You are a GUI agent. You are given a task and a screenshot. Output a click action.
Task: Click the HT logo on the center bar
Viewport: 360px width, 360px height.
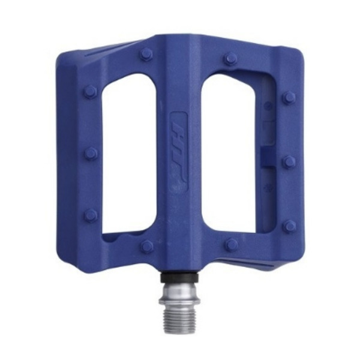[179, 152]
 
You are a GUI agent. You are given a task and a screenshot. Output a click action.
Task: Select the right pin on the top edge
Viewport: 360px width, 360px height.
[231, 58]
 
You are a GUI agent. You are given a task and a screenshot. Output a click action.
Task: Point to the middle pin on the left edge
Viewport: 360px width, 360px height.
[91, 153]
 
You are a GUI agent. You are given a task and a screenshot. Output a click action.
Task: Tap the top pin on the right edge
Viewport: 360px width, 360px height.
[289, 97]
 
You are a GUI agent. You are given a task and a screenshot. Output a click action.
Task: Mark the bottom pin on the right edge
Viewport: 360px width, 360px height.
[290, 226]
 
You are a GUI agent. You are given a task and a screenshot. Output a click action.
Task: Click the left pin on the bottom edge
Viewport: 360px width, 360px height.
[147, 246]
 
